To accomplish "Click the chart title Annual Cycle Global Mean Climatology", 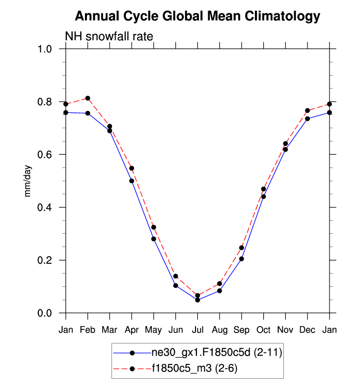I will pos(197,17).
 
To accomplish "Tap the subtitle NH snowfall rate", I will pos(110,36).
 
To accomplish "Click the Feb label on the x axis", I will pos(87,330).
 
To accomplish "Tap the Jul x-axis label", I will pos(197,330).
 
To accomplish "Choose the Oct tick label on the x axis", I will pos(264,330).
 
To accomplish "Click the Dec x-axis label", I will pos(308,330).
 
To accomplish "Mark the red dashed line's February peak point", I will pos(87,98).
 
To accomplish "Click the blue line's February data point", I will pos(87,113).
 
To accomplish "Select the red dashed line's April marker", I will pos(132,168).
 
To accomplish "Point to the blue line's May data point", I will pos(154,239).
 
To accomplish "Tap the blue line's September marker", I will pos(242,259).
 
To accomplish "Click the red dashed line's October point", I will pos(264,189).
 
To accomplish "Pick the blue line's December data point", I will pos(308,119).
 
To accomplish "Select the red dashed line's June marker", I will pos(175,276).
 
